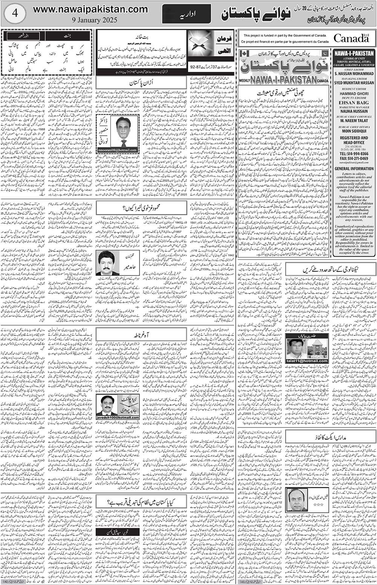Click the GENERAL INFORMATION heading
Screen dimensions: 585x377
[x=354, y=168]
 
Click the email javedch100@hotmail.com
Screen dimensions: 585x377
[x=118, y=418]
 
